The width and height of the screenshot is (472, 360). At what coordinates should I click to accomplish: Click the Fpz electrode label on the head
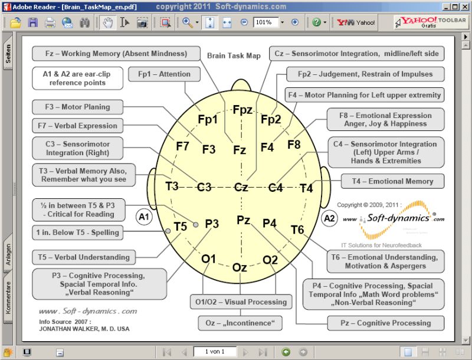(x=242, y=110)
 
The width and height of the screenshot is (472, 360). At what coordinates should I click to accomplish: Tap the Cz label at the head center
(x=241, y=187)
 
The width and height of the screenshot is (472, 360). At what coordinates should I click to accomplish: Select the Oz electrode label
(x=240, y=267)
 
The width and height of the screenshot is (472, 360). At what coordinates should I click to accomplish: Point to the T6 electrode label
(x=297, y=229)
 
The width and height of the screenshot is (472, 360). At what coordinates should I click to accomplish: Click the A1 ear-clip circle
(x=144, y=217)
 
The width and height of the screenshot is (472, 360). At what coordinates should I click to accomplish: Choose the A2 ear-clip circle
(x=329, y=218)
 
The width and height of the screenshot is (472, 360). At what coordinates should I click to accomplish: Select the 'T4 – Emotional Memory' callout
(x=392, y=181)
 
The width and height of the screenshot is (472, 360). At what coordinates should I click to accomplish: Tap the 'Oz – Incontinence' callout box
(x=240, y=323)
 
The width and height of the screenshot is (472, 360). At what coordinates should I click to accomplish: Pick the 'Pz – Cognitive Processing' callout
(x=386, y=323)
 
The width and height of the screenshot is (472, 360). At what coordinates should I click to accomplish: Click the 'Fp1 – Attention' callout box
(x=164, y=74)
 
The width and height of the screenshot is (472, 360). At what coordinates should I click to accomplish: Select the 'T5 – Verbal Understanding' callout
(x=83, y=257)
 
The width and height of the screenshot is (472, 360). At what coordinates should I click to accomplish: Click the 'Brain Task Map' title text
(x=234, y=56)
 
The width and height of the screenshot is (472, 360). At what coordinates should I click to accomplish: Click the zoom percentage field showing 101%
(x=265, y=22)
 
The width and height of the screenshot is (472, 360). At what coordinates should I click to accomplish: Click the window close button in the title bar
(x=464, y=6)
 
